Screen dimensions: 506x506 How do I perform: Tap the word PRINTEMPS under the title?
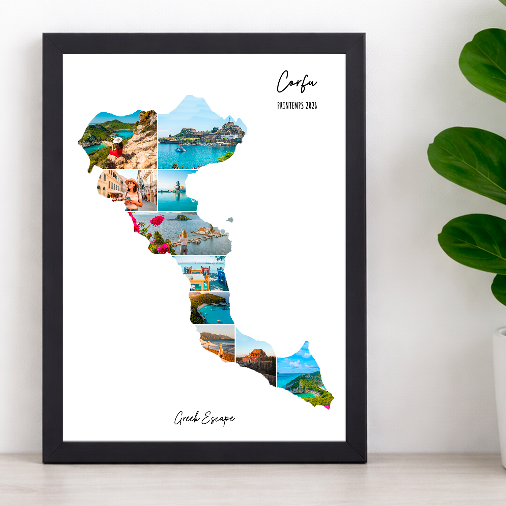coord(290,106)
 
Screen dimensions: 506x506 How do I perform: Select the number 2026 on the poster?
coord(311,106)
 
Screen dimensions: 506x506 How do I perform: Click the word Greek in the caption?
coord(187,418)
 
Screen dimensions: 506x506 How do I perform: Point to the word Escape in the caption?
coord(218,419)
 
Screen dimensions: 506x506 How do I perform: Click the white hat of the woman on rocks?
coord(118,140)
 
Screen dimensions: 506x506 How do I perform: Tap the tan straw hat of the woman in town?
coord(132,182)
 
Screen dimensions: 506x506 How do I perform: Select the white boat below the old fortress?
coord(180,148)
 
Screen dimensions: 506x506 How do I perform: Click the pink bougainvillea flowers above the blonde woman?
coord(157,221)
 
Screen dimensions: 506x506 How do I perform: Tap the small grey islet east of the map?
coord(230,220)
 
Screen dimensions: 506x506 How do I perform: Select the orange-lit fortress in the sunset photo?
coord(258,353)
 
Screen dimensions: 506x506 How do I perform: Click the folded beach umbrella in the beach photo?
coord(221,350)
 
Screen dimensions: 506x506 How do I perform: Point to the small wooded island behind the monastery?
coord(180,218)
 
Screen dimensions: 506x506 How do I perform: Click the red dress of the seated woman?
coord(116,152)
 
